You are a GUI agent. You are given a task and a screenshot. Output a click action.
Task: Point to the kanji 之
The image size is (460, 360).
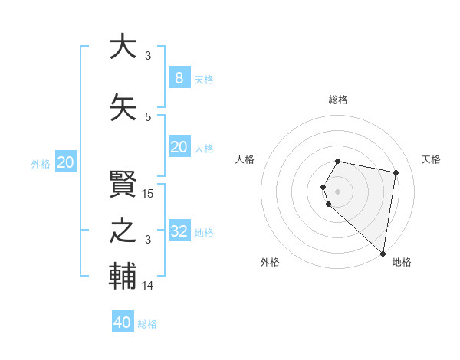[123, 231]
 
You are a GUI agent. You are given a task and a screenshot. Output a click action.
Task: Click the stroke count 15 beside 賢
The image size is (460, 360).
[148, 194]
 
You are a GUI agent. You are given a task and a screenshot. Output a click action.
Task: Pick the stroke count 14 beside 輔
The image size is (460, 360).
[148, 286]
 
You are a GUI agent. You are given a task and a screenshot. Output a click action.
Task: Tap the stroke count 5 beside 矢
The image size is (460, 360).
[148, 116]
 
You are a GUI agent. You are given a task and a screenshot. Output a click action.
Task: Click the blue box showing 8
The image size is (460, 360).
[179, 78]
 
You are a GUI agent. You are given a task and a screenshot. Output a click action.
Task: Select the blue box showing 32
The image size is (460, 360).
[179, 231]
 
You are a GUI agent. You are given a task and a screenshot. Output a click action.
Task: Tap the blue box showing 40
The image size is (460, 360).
[123, 322]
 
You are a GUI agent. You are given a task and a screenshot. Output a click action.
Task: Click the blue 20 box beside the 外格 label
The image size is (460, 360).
[66, 162]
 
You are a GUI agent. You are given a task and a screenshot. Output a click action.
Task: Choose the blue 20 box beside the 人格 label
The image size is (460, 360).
[179, 147]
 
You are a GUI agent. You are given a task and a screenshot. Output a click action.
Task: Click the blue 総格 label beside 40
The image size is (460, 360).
[147, 324]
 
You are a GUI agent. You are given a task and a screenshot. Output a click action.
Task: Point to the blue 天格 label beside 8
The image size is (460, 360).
[203, 80]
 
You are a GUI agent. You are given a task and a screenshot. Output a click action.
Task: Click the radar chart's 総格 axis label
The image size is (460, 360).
[338, 100]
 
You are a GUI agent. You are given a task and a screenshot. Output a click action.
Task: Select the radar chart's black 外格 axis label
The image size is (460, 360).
[270, 262]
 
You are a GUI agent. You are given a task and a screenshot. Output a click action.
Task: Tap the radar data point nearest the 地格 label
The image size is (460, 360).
[382, 254]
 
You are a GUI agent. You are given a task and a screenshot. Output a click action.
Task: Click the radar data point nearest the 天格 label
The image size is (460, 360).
[396, 172]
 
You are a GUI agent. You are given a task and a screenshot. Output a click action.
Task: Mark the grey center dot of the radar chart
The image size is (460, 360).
[338, 191]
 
